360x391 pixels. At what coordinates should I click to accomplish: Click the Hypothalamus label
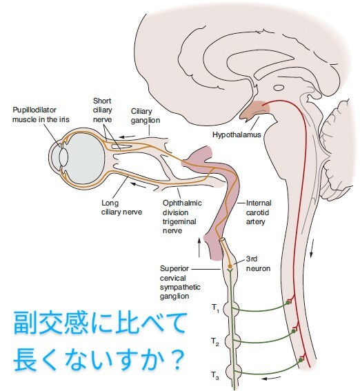(237, 135)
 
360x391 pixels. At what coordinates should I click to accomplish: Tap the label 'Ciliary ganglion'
(146, 116)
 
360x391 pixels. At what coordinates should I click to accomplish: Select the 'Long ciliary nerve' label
(121, 208)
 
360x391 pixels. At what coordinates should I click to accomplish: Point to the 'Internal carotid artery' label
(259, 212)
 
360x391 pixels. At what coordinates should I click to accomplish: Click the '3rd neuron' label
(259, 264)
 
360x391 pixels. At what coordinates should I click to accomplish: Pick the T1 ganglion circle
(231, 309)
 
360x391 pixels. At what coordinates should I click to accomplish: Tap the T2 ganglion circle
(232, 341)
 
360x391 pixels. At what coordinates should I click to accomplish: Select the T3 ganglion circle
(234, 372)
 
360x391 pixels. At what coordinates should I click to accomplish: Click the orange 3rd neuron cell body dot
(230, 266)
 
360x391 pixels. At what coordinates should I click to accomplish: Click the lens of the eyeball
(63, 157)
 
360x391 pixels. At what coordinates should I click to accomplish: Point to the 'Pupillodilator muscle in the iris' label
(41, 114)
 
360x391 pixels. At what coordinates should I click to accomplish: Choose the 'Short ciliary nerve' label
(103, 110)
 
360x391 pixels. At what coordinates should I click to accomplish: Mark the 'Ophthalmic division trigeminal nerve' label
(182, 217)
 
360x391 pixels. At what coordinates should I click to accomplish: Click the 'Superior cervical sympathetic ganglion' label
(180, 283)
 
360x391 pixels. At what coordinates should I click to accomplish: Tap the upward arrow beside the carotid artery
(199, 247)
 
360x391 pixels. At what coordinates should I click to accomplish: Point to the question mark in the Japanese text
(178, 360)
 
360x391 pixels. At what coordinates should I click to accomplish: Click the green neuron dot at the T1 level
(288, 303)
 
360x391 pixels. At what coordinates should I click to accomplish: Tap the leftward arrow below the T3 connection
(271, 378)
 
